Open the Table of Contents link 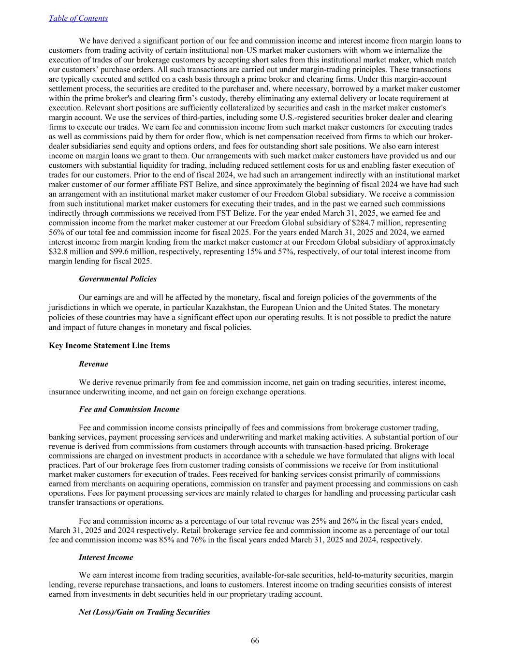pyautogui.click(x=78, y=18)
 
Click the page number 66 pyautogui.click(x=255, y=641)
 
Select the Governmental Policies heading pyautogui.click(x=117, y=279)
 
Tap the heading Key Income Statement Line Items pyautogui.click(x=109, y=346)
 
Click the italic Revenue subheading pyautogui.click(x=93, y=364)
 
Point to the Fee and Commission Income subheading pyautogui.click(x=129, y=410)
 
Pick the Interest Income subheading pyautogui.click(x=105, y=557)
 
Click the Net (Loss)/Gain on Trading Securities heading pyautogui.click(x=144, y=612)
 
